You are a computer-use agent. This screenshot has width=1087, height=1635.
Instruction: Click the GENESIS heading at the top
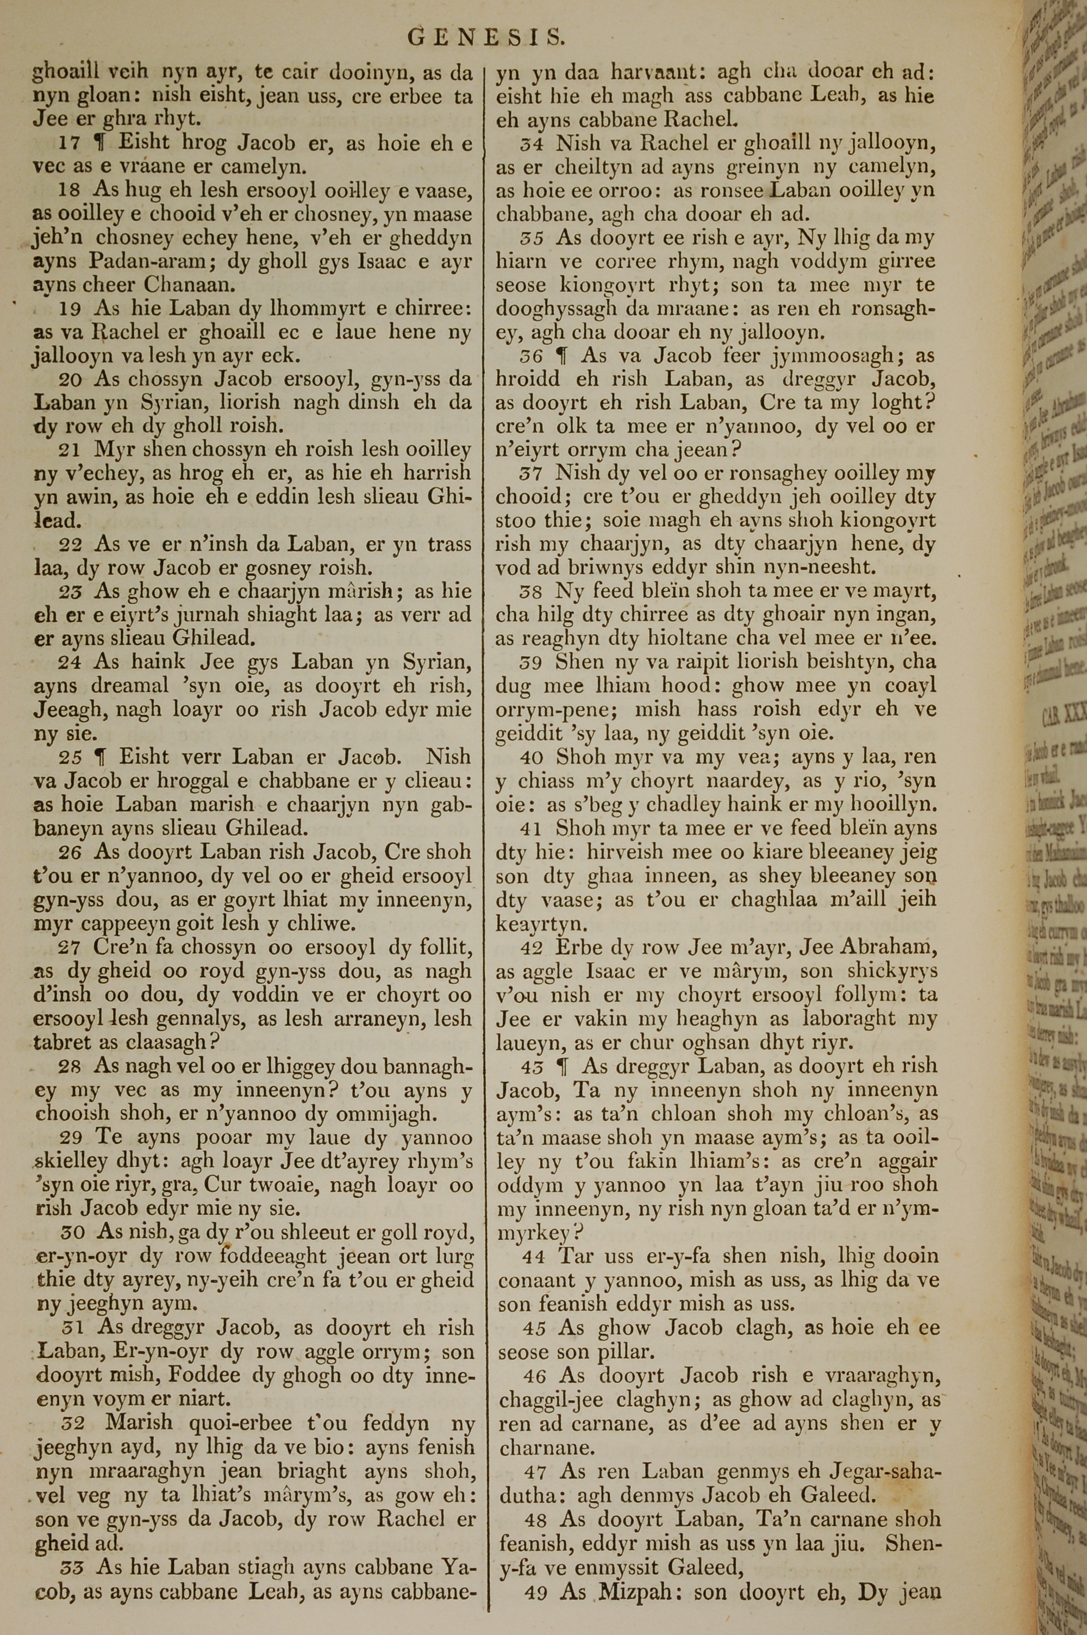point(486,37)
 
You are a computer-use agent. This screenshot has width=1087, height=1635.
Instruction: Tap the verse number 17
point(70,144)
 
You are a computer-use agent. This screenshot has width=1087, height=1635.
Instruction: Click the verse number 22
point(70,545)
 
